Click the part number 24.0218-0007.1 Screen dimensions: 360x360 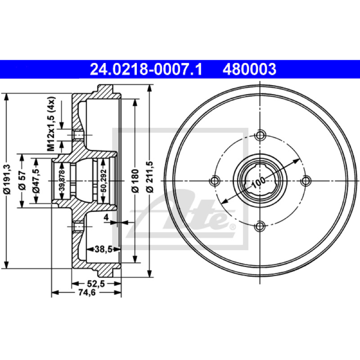pos(146,69)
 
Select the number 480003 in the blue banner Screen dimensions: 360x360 pos(249,69)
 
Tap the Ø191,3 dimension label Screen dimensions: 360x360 pos(7,179)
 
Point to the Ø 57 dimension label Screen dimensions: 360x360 pos(22,180)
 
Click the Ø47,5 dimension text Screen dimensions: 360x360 pos(36,181)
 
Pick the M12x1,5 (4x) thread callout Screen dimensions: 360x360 pos(51,124)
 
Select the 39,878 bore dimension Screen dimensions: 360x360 pos(62,180)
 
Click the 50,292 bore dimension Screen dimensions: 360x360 pos(104,181)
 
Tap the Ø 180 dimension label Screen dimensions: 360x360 pos(135,181)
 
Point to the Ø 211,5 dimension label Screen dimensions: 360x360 pos(150,176)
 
